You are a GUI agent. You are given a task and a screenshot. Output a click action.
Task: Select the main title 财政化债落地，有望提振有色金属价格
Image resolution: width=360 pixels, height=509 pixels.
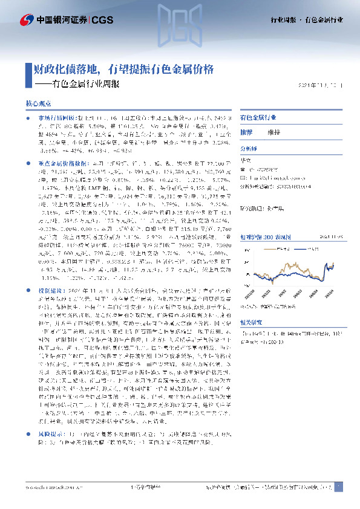[x=120, y=69]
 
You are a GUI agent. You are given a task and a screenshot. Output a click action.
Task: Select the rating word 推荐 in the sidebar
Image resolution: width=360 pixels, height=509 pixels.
[x=247, y=131]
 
